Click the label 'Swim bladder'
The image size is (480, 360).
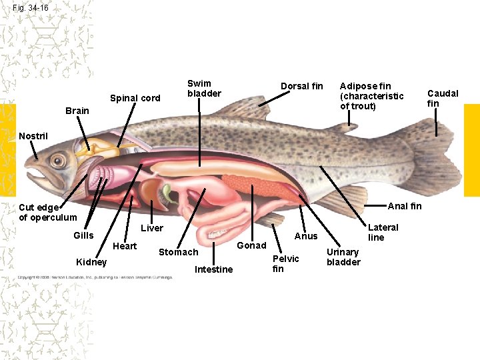point(203,88)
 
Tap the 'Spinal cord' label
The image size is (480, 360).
point(135,98)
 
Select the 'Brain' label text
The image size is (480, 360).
point(77,111)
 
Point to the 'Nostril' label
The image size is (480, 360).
point(33,136)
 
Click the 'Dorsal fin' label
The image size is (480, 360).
point(301,86)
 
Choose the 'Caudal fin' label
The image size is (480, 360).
point(443,98)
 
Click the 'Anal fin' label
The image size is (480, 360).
point(405,205)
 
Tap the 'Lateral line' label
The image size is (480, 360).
point(383,232)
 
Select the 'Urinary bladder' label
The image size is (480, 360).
point(343,257)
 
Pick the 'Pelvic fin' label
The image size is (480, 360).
point(285,263)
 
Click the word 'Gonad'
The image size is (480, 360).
point(252,245)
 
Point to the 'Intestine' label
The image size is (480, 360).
point(213,269)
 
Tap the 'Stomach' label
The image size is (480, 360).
point(178,252)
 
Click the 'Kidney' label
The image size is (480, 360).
point(91,261)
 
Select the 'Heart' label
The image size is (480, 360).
point(125,246)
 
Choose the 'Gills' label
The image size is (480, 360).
point(83,235)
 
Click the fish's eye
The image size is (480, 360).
point(58,160)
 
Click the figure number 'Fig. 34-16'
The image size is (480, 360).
point(31,8)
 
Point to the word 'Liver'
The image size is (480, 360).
point(152,228)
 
